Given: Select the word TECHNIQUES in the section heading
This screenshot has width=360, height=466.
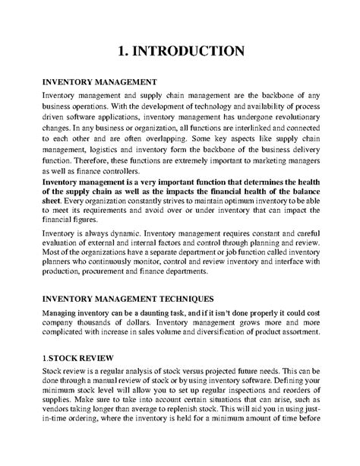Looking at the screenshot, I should tap(182, 299).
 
